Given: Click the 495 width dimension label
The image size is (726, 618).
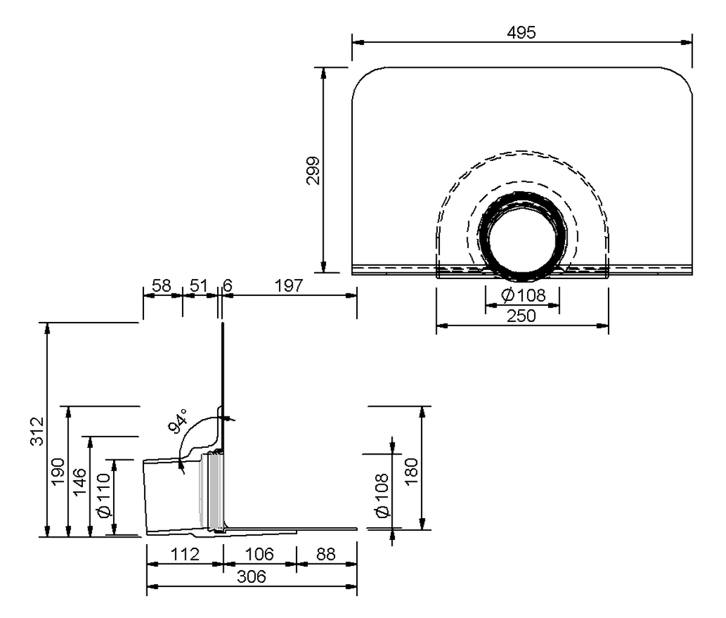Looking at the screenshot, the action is click(522, 32).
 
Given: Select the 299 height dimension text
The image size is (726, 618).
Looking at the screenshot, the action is click(313, 171).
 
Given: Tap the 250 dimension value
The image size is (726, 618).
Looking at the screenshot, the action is click(522, 316).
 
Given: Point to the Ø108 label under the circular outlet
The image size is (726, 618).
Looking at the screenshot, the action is click(523, 295).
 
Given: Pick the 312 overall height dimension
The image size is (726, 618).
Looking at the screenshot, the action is click(37, 432).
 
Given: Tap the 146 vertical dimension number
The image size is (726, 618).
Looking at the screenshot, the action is click(79, 481).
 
